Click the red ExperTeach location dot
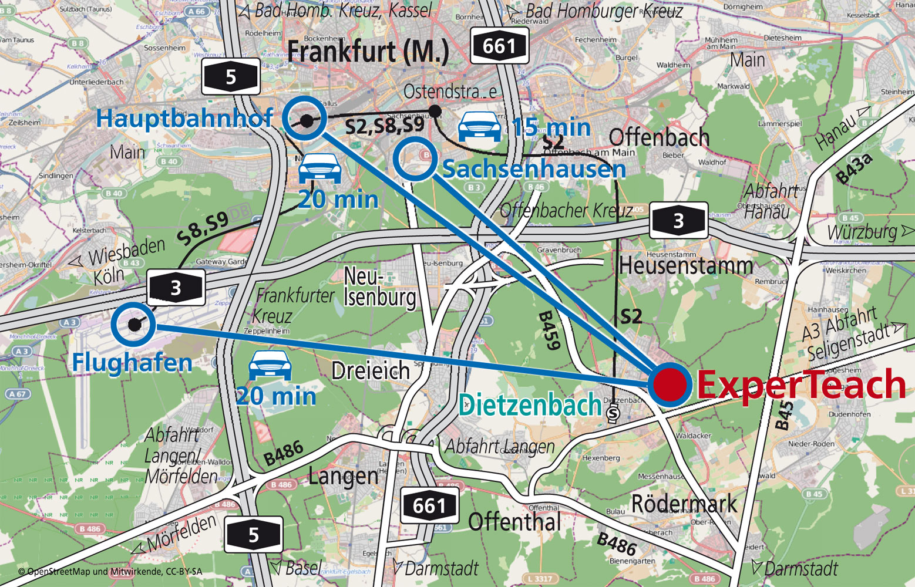coord(670,384)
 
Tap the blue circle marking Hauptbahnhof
coord(304,119)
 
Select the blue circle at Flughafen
coord(133,324)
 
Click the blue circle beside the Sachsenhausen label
coord(415,158)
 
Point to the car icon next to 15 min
coord(479,127)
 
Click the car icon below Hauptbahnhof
coord(319,169)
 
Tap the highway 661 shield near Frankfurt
coord(499,46)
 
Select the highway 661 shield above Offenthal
coord(429,505)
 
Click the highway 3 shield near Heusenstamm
coord(678,221)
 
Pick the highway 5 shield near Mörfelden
coord(253,534)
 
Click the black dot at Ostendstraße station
coord(435,110)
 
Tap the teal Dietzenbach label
coord(530,405)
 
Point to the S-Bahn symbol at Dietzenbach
coord(613,413)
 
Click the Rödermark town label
coord(684,504)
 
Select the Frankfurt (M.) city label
coord(368,52)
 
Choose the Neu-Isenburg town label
coord(379,287)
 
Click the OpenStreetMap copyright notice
coord(110,571)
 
